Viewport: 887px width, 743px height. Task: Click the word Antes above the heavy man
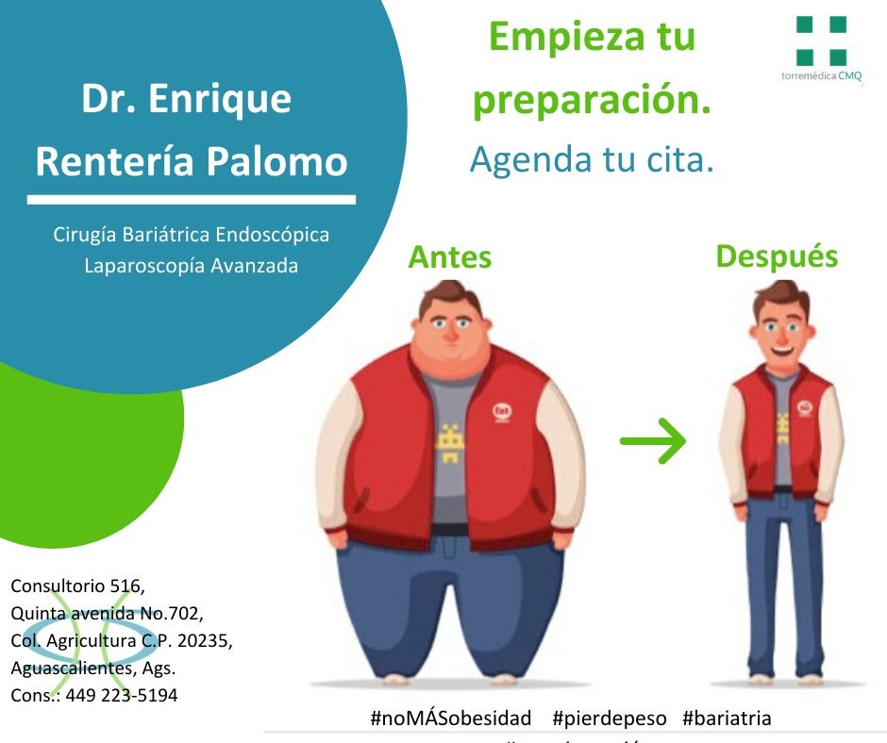449,257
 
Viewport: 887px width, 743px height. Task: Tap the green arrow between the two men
652,440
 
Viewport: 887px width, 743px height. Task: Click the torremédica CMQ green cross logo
821,41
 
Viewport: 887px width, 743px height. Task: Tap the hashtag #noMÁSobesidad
451,718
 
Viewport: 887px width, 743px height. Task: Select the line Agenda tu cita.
592,159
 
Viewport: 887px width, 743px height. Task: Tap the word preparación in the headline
592,100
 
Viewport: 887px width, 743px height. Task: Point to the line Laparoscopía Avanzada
191,266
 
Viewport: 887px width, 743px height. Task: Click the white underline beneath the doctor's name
192,200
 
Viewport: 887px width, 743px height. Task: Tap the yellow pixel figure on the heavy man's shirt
450,441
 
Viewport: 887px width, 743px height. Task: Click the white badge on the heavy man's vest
501,411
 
